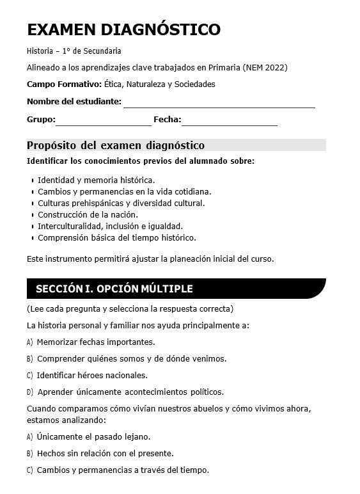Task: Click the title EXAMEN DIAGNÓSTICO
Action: click(x=124, y=29)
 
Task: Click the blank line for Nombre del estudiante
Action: click(x=219, y=104)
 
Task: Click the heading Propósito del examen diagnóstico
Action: click(x=116, y=145)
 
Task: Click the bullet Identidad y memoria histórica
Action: click(x=96, y=180)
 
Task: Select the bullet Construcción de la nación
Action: click(x=88, y=215)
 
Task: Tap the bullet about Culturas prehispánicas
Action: click(x=121, y=203)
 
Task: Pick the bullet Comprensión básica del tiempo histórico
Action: click(x=116, y=238)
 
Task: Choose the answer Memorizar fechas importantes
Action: click(x=95, y=342)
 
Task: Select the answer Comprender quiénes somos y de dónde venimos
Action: click(x=131, y=359)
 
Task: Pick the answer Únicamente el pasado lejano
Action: click(x=93, y=437)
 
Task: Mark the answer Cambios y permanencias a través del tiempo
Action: click(x=122, y=470)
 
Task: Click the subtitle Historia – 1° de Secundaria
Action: click(x=74, y=51)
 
